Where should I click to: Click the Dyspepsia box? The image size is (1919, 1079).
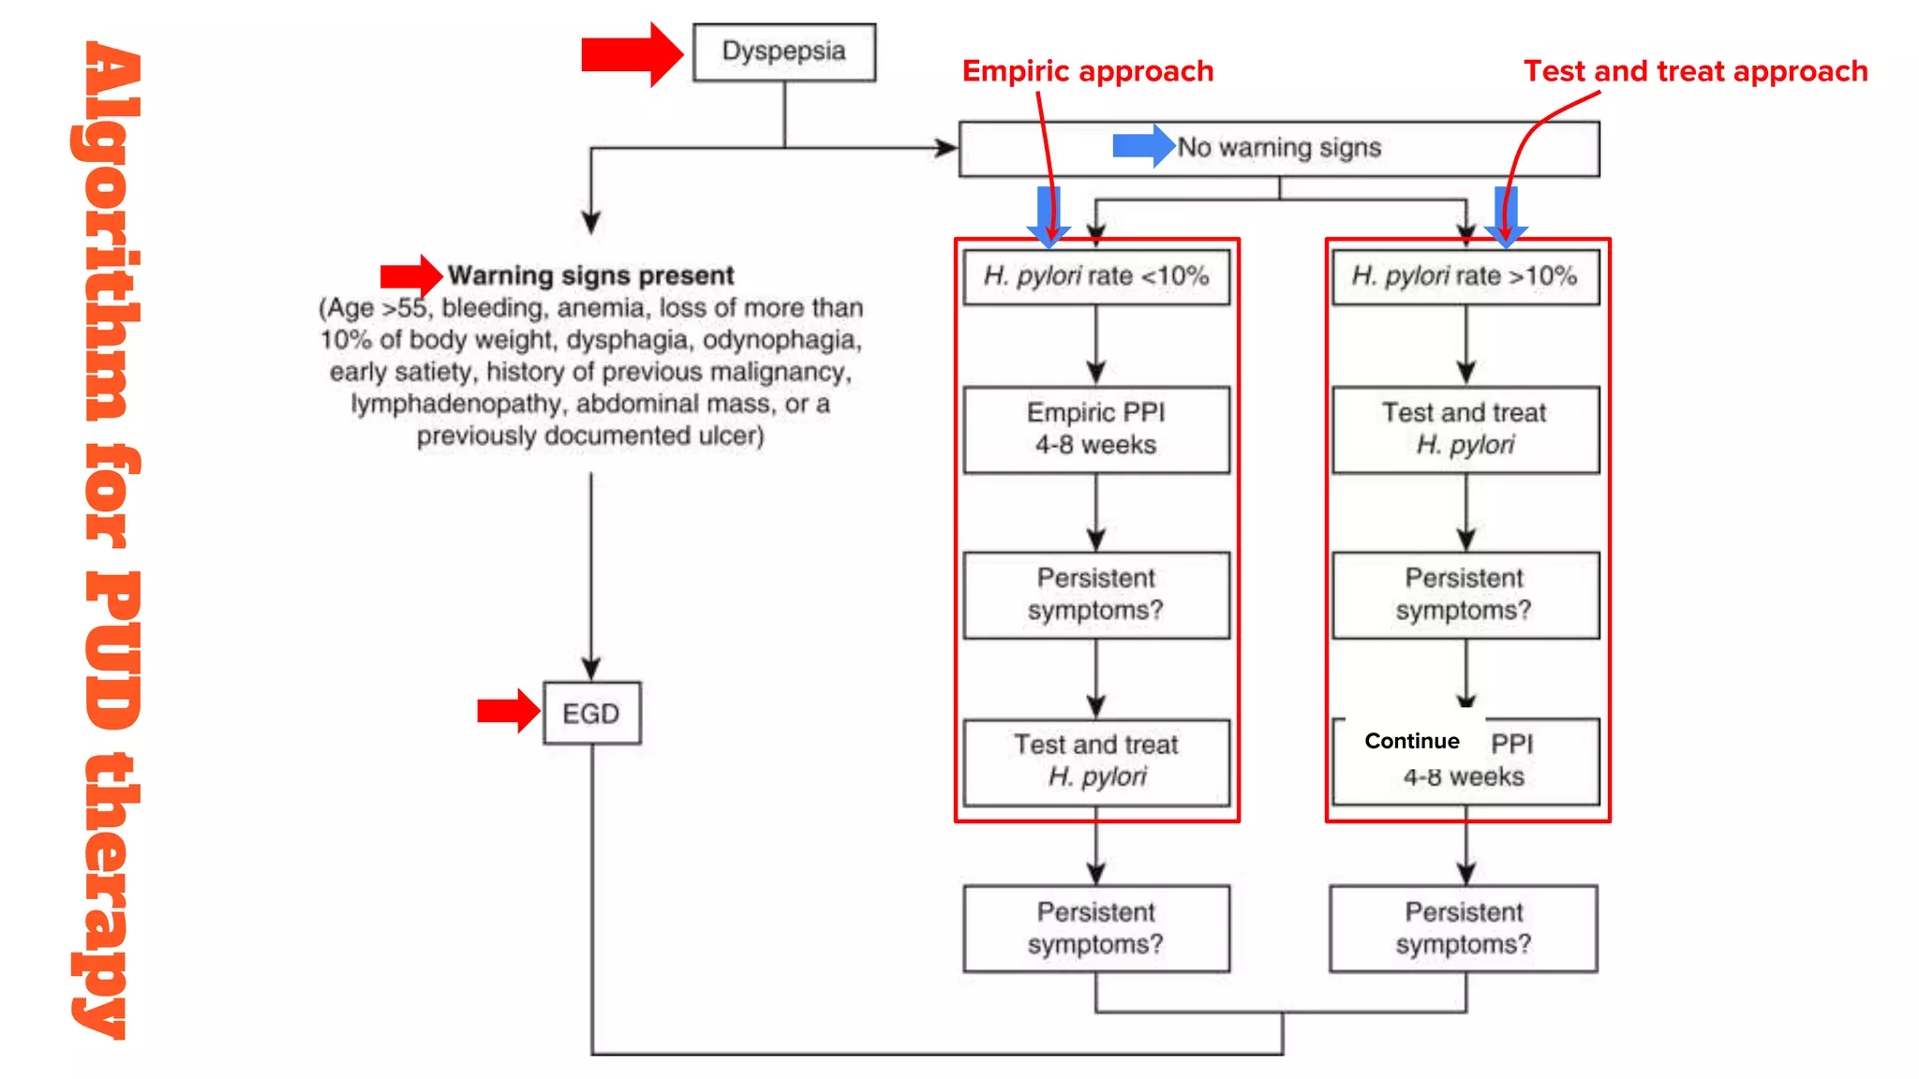click(x=783, y=52)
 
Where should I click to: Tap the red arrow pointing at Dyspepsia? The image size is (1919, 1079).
click(x=631, y=54)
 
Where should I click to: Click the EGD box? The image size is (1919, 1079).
click(x=591, y=714)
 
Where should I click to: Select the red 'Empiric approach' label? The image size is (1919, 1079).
click(x=1087, y=71)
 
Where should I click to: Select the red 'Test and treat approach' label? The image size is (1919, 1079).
click(x=1694, y=71)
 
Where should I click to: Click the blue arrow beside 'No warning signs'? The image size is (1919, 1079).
click(x=1142, y=146)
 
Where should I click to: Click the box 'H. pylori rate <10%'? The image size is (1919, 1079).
click(x=1095, y=276)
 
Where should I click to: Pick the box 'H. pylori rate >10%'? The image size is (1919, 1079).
click(x=1465, y=276)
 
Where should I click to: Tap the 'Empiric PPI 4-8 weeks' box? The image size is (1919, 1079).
click(x=1095, y=429)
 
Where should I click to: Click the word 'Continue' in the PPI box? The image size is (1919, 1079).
click(x=1411, y=741)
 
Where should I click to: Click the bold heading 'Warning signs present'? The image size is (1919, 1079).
click(x=590, y=275)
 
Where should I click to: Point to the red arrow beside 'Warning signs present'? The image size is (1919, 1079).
click(x=410, y=275)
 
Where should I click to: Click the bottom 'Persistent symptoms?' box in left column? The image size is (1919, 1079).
click(x=1095, y=928)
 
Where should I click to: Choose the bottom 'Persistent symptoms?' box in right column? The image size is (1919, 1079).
click(x=1463, y=928)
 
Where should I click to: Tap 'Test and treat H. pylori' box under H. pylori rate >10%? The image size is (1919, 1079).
click(x=1465, y=429)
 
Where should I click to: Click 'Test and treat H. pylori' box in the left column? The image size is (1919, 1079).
click(x=1095, y=761)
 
